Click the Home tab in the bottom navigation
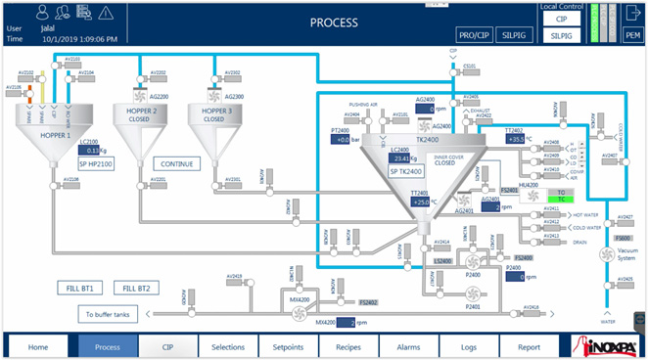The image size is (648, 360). pyautogui.click(x=38, y=346)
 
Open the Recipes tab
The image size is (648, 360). pyautogui.click(x=348, y=346)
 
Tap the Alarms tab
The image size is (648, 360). pyautogui.click(x=409, y=346)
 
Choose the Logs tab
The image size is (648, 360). pyautogui.click(x=469, y=346)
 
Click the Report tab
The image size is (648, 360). pyautogui.click(x=529, y=346)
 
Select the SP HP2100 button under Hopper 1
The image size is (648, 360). pyautogui.click(x=97, y=164)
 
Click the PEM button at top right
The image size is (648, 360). pyautogui.click(x=632, y=34)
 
